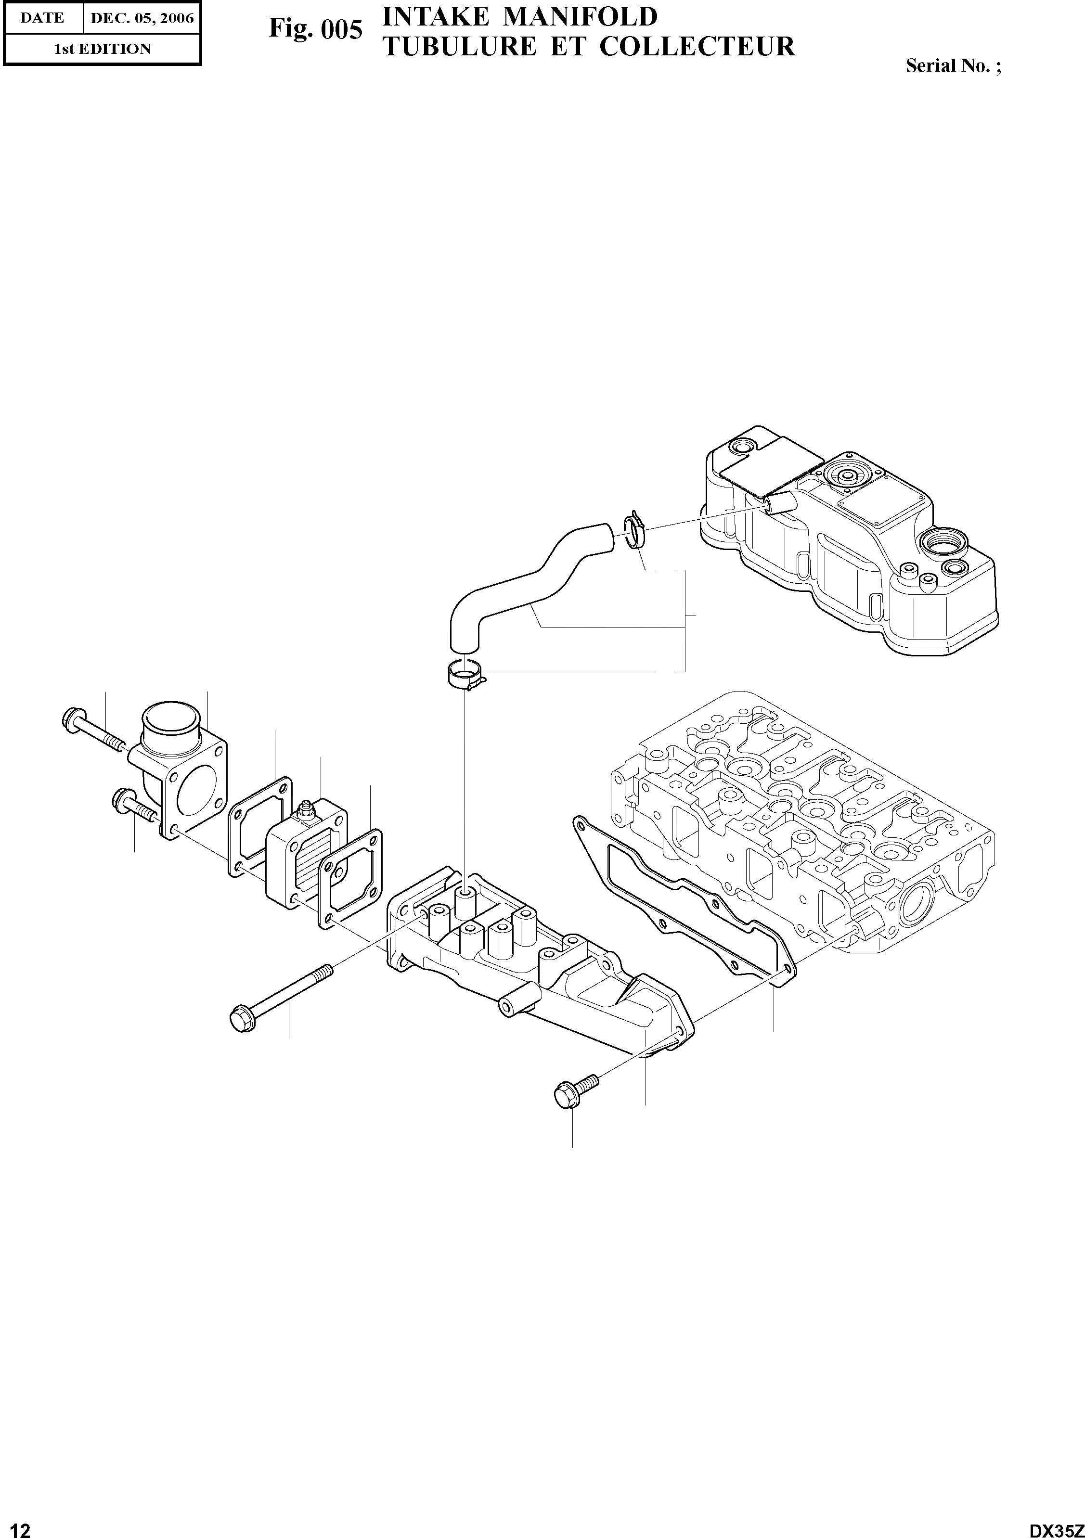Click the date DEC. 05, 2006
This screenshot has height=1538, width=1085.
(x=142, y=19)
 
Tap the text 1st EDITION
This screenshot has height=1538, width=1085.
(x=102, y=49)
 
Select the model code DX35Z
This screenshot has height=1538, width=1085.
(x=1056, y=1526)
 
